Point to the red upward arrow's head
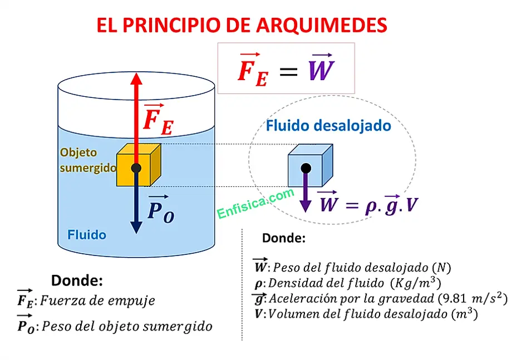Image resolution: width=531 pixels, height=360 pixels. pos(136,78)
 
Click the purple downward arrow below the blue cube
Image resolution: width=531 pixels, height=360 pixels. pos(305,198)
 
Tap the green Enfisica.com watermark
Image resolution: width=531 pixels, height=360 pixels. pos(255,204)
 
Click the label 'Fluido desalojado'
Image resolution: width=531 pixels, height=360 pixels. pos(328,126)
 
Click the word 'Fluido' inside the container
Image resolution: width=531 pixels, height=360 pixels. pos(86,235)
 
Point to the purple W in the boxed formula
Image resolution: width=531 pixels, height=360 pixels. pos(321,70)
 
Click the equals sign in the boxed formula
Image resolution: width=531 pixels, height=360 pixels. pos(288,71)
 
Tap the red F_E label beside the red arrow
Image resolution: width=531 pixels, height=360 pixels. pos(158,120)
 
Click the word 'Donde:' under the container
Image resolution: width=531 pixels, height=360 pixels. pos(77,280)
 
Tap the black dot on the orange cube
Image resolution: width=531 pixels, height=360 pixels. pos(136,168)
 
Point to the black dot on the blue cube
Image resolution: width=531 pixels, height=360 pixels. pos(306,167)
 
